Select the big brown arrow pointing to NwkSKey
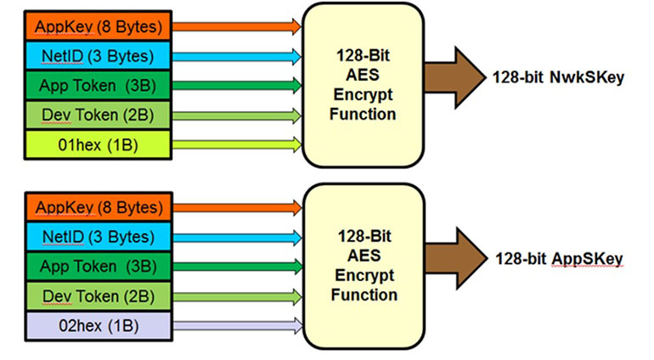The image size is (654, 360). (x=450, y=76)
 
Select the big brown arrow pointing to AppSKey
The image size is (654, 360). (x=450, y=256)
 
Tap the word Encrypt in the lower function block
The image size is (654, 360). (x=365, y=276)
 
